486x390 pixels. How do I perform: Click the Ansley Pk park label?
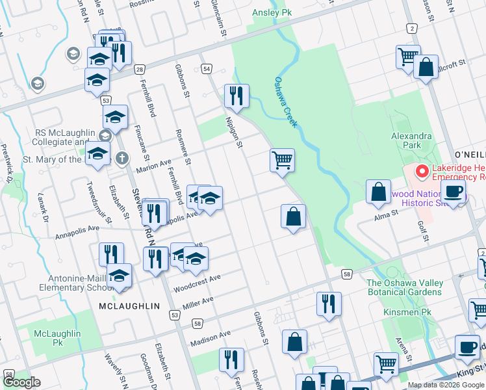point(272,12)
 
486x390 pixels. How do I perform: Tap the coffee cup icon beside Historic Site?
point(453,192)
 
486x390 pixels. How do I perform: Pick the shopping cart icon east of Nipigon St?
point(282,160)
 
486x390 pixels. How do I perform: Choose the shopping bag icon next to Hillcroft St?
point(425,68)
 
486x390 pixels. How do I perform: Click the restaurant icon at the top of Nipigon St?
point(237,96)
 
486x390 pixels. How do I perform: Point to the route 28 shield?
point(140,70)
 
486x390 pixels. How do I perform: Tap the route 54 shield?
point(207,68)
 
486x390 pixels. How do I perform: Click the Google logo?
point(21,382)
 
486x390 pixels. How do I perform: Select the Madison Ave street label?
point(211,338)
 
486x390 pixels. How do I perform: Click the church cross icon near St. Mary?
point(122,157)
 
